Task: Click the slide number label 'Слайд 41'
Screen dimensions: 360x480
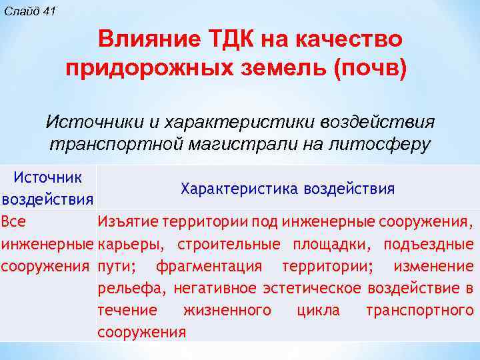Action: click(x=31, y=12)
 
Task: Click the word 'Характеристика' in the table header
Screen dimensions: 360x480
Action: click(x=239, y=189)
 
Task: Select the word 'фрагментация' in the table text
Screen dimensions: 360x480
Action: click(x=209, y=266)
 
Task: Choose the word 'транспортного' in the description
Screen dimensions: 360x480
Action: click(x=419, y=311)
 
